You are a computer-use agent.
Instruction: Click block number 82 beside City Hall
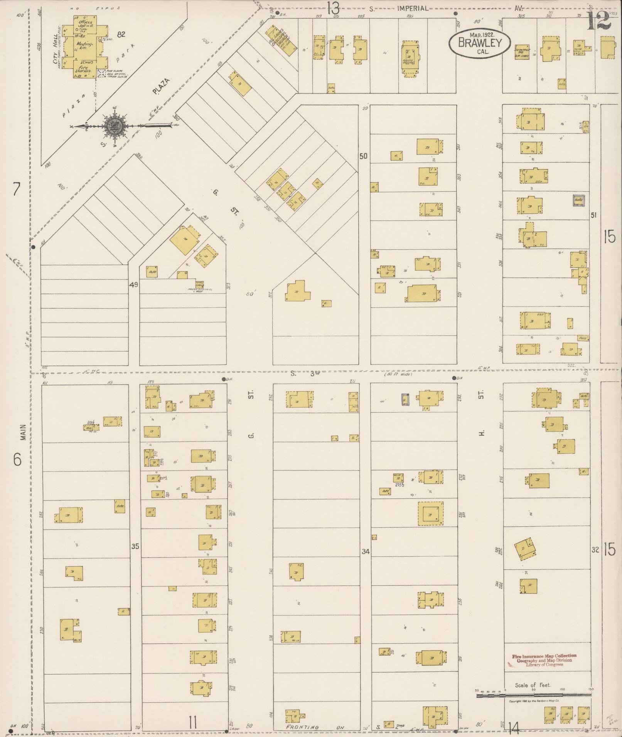click(x=121, y=35)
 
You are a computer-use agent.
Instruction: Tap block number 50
click(x=363, y=156)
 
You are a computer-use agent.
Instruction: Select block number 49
click(x=133, y=285)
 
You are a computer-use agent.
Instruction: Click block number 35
click(x=135, y=546)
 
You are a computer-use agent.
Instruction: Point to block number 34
click(x=365, y=552)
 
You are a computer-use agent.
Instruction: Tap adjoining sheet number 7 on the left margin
click(x=16, y=189)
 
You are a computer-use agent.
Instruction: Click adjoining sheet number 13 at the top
click(x=333, y=8)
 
